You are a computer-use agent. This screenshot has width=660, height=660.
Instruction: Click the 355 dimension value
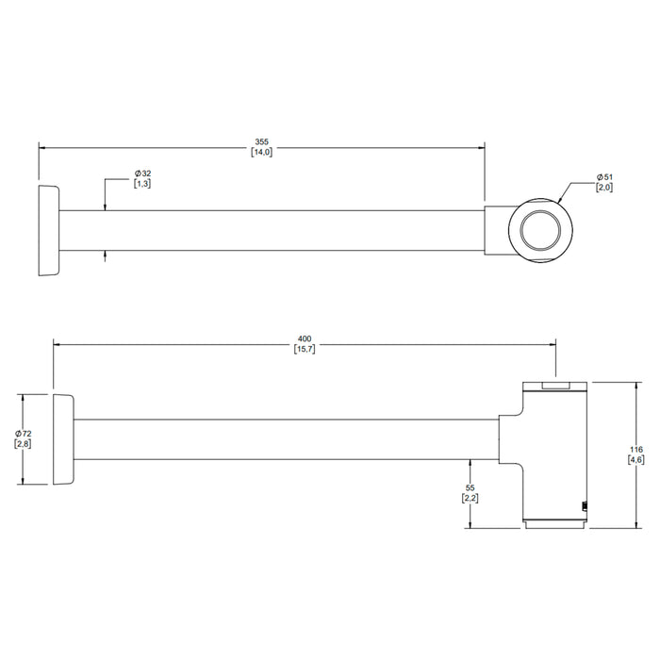[x=261, y=141]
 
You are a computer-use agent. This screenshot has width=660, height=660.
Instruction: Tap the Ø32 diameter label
[x=142, y=173]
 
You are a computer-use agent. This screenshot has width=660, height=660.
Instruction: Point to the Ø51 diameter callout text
[x=604, y=177]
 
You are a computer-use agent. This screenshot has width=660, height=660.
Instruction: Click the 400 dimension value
[x=305, y=338]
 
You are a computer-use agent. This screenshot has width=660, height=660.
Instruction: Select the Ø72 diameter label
[x=24, y=434]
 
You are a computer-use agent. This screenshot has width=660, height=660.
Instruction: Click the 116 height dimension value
[x=636, y=450]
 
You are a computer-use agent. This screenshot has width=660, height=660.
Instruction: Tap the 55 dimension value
[x=470, y=487]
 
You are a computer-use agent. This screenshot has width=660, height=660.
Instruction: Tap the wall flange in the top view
[x=49, y=230]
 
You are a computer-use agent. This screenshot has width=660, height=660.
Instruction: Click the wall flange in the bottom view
[x=63, y=439]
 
